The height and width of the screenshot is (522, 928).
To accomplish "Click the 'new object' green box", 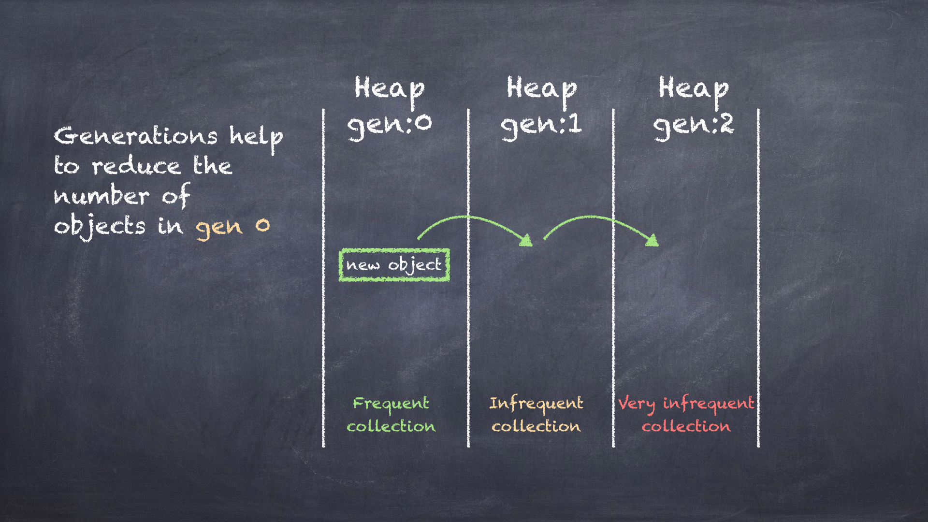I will pos(394,265).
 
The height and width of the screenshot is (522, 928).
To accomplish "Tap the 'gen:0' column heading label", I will pos(390,125).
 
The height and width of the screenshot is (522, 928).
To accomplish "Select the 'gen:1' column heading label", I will pos(541,125).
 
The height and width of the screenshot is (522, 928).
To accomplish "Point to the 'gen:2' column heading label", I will pos(693,125).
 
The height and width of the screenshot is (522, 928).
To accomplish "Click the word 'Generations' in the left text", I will pos(136,136).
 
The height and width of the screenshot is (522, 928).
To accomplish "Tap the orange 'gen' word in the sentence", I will pos(219,227).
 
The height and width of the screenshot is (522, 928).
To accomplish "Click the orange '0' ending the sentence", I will pos(262,225).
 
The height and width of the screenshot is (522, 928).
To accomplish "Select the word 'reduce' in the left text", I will pos(136,166).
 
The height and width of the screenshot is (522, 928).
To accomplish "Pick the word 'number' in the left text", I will pos(101,197).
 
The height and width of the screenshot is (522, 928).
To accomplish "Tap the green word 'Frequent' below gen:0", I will pos(391,404).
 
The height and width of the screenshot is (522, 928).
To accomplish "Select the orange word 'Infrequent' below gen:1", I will pos(536,404).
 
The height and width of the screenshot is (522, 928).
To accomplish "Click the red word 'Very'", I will pos(637,404).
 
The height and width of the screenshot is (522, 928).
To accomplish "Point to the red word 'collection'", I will pos(686,426).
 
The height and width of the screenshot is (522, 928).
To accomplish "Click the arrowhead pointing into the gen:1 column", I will pos(526,240).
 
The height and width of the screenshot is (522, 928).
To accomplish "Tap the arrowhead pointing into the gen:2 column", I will pos(652,240).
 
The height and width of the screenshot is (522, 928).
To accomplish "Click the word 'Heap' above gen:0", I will pos(390,88).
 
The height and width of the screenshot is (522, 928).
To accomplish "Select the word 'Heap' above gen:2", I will pos(693,88).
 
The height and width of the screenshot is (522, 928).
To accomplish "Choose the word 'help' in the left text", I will pos(256,137).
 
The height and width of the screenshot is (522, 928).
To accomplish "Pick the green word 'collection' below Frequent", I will pos(391,426).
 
